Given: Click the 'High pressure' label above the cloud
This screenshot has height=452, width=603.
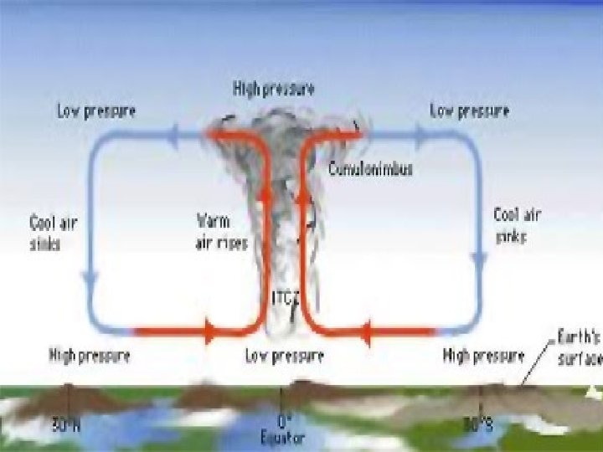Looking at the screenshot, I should (273, 90).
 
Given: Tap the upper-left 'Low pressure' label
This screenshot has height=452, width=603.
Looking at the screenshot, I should (96, 110).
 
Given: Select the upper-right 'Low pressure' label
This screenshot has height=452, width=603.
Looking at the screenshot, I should (468, 110).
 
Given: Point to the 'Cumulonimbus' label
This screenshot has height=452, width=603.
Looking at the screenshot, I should (370, 168).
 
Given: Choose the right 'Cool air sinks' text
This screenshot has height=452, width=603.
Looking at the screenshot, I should (517, 225).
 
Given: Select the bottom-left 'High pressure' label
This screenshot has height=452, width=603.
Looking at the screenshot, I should (90, 357).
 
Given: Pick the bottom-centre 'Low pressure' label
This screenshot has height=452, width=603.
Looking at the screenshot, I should (284, 357).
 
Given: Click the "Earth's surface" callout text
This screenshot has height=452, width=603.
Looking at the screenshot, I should (580, 347).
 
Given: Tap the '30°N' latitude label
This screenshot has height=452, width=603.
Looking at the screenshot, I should (66, 425).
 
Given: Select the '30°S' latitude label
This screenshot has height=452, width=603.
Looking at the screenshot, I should (479, 425).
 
